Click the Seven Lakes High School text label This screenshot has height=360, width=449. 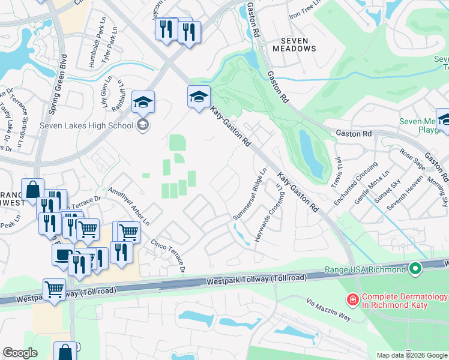[86, 125]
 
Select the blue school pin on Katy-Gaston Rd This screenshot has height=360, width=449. [199, 97]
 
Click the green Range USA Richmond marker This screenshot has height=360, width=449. [414, 269]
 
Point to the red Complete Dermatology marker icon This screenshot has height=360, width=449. [354, 298]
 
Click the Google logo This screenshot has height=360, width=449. [20, 353]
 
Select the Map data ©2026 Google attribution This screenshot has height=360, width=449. [411, 355]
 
